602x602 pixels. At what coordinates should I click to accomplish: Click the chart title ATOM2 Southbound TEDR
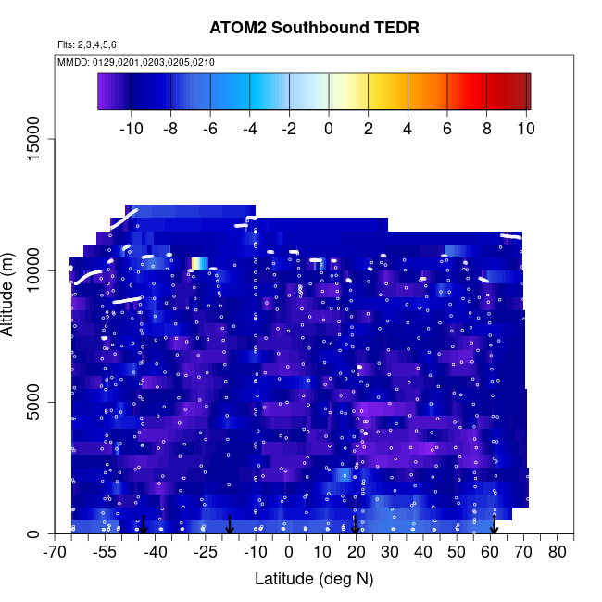pyautogui.click(x=314, y=28)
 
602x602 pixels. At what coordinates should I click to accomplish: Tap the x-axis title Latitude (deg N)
pyautogui.click(x=314, y=579)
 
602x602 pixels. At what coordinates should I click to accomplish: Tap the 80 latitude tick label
pyautogui.click(x=557, y=553)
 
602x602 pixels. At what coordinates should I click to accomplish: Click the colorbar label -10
pyautogui.click(x=132, y=129)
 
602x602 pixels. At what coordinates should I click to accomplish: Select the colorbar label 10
pyautogui.click(x=526, y=129)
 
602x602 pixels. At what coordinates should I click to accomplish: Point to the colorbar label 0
pyautogui.click(x=329, y=129)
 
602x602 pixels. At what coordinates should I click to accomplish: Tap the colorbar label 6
pyautogui.click(x=447, y=129)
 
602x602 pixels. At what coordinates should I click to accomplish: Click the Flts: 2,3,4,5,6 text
pyautogui.click(x=87, y=44)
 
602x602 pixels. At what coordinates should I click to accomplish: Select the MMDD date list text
pyautogui.click(x=136, y=62)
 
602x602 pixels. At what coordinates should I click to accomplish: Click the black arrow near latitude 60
pyautogui.click(x=495, y=525)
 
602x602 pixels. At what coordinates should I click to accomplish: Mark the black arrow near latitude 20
pyautogui.click(x=356, y=525)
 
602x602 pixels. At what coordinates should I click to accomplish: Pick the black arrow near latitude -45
pyautogui.click(x=143, y=525)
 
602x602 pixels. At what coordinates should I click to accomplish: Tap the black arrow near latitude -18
pyautogui.click(x=230, y=525)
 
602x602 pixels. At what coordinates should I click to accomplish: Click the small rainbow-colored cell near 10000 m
pyautogui.click(x=198, y=264)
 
